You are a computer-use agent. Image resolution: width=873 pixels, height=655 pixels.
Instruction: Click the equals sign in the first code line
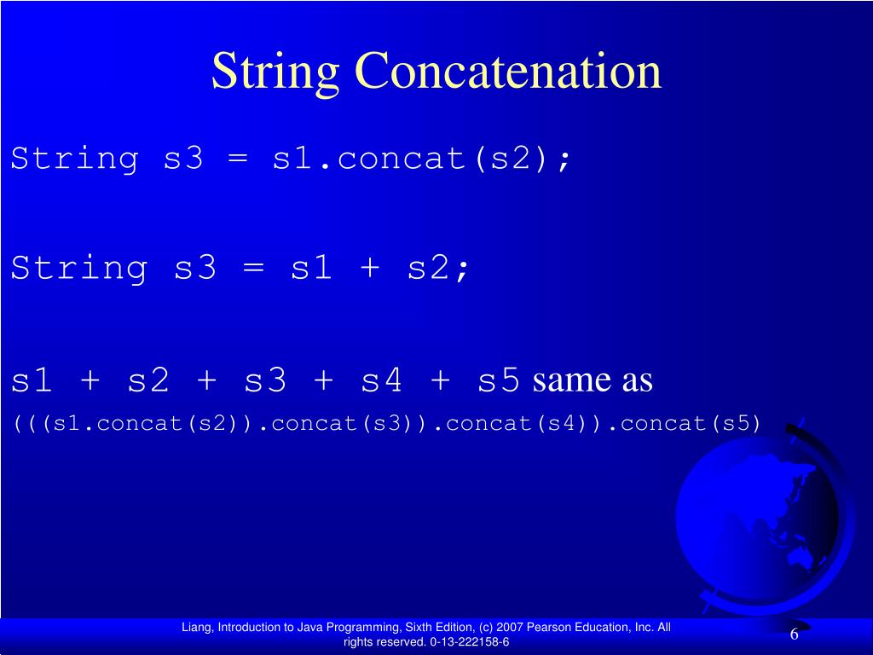tap(238, 159)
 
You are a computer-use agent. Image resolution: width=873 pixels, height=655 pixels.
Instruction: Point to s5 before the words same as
tap(499, 380)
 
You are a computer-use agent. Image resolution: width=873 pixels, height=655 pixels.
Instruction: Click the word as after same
tap(637, 380)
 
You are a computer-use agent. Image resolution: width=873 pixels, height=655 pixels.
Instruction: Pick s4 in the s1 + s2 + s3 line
tap(381, 380)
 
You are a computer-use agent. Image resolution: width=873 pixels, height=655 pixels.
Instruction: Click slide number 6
tap(794, 635)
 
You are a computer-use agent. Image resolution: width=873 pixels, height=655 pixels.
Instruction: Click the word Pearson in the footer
tap(546, 628)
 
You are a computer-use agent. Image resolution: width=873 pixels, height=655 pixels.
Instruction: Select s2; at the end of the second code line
tap(438, 269)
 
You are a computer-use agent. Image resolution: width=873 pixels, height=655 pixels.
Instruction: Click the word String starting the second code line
tap(78, 269)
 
